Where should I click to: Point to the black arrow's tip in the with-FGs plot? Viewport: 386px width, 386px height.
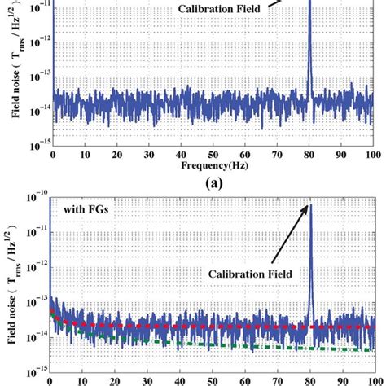click(x=308, y=205)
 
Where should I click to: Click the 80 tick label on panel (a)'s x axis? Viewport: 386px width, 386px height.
click(x=309, y=154)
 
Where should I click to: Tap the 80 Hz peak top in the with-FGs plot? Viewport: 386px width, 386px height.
click(x=309, y=204)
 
